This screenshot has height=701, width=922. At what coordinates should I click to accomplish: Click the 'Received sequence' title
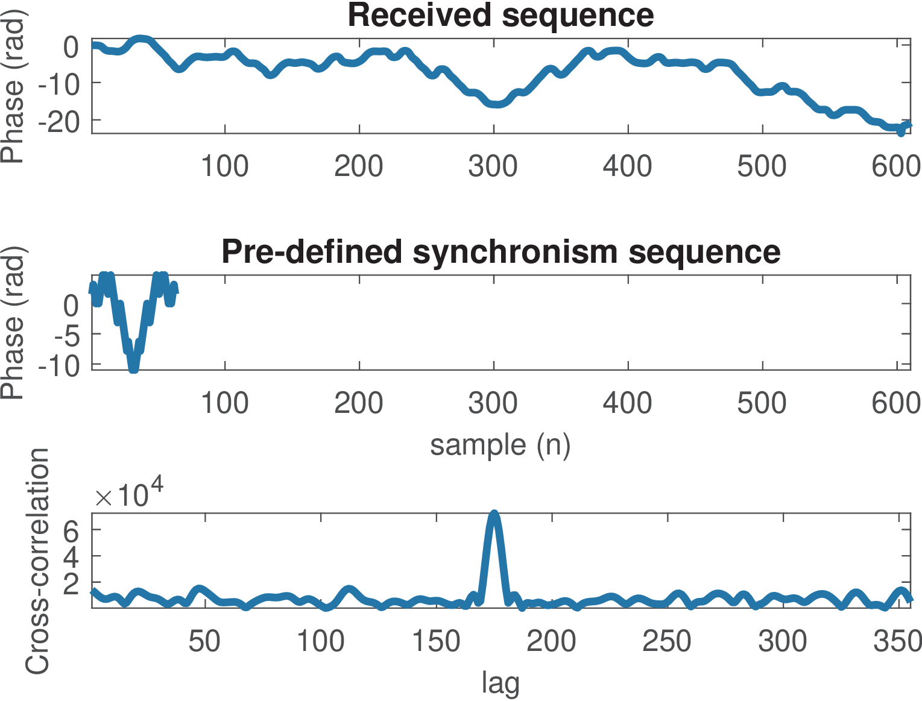point(500,15)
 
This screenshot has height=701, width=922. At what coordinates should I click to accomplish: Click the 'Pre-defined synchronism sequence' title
point(500,251)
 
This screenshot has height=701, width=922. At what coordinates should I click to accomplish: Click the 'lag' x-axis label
point(500,683)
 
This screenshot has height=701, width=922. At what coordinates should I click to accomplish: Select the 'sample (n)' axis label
point(500,445)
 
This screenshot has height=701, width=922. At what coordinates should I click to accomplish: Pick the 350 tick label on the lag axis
point(897,641)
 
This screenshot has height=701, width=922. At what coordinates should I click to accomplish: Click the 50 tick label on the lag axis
point(204,641)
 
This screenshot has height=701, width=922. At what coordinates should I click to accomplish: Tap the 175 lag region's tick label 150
point(435,641)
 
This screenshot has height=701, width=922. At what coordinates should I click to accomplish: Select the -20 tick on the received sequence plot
point(58,123)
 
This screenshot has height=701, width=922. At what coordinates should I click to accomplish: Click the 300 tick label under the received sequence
point(493,166)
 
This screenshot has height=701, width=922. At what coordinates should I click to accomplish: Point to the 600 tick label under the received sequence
point(896,166)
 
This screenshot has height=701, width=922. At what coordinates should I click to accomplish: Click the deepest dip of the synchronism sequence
point(133,368)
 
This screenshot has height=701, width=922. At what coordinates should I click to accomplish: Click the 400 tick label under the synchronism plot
point(627,403)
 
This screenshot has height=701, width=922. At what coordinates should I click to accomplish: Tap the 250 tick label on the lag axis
point(666,641)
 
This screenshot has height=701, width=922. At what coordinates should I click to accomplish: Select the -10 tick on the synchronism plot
point(58,366)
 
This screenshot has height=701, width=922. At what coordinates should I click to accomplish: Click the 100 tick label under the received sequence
point(224,166)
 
